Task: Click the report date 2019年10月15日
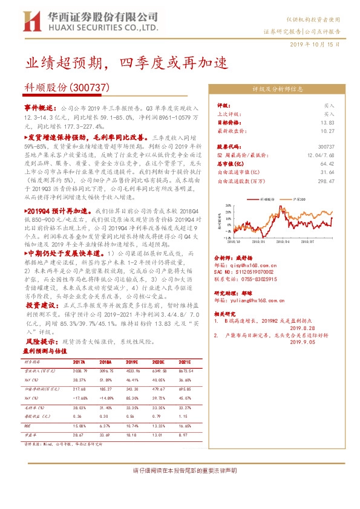[x=319, y=45]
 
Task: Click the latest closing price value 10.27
[x=327, y=130]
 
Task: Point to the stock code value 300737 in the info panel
[x=326, y=146]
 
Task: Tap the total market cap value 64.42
[x=327, y=163]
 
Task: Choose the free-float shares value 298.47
[x=326, y=180]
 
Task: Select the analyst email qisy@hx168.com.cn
[x=249, y=264]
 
